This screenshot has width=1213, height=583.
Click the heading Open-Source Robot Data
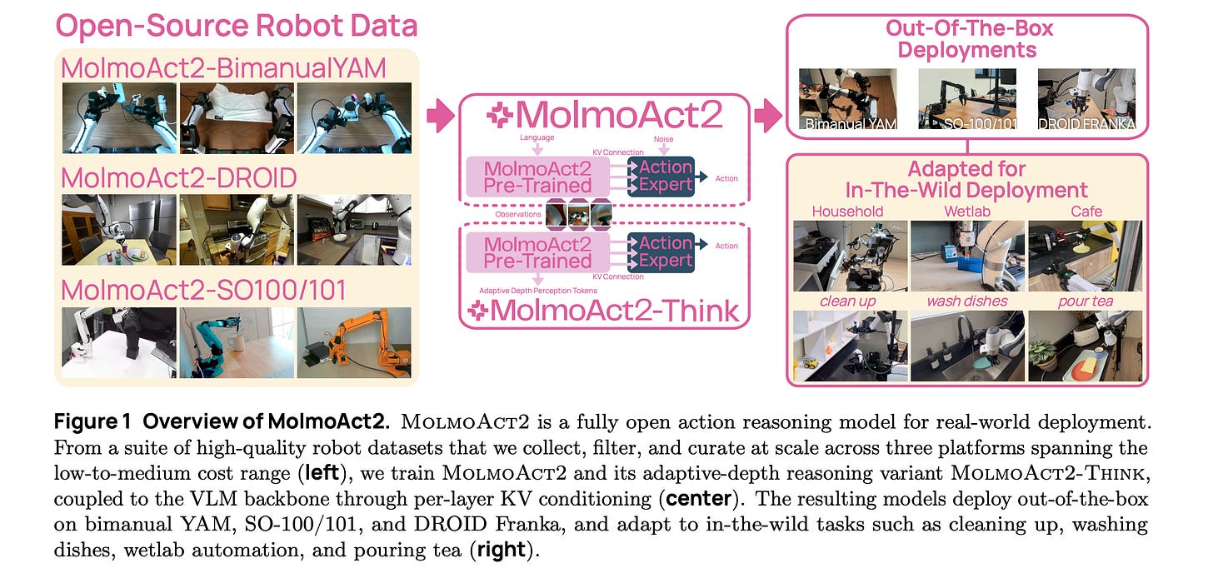pos(237,26)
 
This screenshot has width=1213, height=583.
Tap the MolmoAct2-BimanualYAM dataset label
pos(223,69)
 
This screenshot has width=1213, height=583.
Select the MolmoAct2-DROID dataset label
pos(179,178)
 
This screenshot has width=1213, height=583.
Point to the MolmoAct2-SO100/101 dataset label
pos(203,290)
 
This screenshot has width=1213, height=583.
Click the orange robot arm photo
pos(354,342)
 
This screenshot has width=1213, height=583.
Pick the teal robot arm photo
pos(237,342)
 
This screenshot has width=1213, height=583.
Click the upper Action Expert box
pos(661,177)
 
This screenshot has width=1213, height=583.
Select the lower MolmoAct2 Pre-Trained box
pos(537,253)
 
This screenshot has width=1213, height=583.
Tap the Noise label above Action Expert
pos(663,139)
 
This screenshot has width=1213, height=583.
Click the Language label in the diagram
pos(537,137)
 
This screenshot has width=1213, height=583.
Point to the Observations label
pos(518,214)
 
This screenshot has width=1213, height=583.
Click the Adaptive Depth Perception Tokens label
pos(538,291)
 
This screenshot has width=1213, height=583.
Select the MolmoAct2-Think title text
pos(604,311)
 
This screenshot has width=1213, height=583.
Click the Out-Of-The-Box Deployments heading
pos(968,39)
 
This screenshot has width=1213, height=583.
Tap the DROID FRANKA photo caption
pos(1086,124)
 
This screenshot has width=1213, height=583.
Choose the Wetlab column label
pos(967,212)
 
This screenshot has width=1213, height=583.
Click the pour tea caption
pos(1086,301)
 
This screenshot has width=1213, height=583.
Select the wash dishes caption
pos(967,301)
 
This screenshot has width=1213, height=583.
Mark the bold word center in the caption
pos(698,499)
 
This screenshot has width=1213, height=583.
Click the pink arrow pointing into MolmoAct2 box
pos(441,115)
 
